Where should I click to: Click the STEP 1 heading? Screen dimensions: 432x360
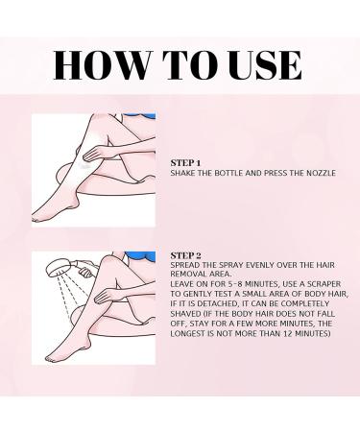(x=183, y=163)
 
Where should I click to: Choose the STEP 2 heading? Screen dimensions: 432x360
(x=183, y=255)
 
